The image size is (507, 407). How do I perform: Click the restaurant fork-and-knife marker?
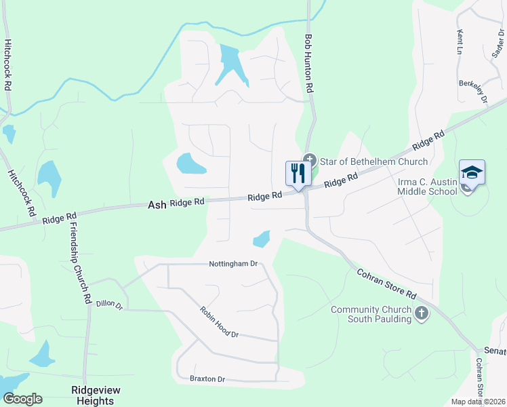[297, 174]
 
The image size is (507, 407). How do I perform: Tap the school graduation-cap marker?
[472, 174]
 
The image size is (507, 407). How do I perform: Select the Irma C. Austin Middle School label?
[427, 187]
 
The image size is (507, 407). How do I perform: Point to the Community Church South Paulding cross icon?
[422, 313]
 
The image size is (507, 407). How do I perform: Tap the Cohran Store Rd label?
[386, 284]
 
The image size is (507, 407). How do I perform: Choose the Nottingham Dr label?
[234, 263]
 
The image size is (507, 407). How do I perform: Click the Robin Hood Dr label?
[220, 322]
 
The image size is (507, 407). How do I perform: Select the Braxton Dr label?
[207, 379]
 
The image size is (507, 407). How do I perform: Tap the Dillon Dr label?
[109, 305]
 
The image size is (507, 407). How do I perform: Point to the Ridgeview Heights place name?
[93, 395]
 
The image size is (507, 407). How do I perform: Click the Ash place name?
[157, 203]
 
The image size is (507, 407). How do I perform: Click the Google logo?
[22, 399]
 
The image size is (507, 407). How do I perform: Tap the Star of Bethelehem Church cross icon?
[310, 161]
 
